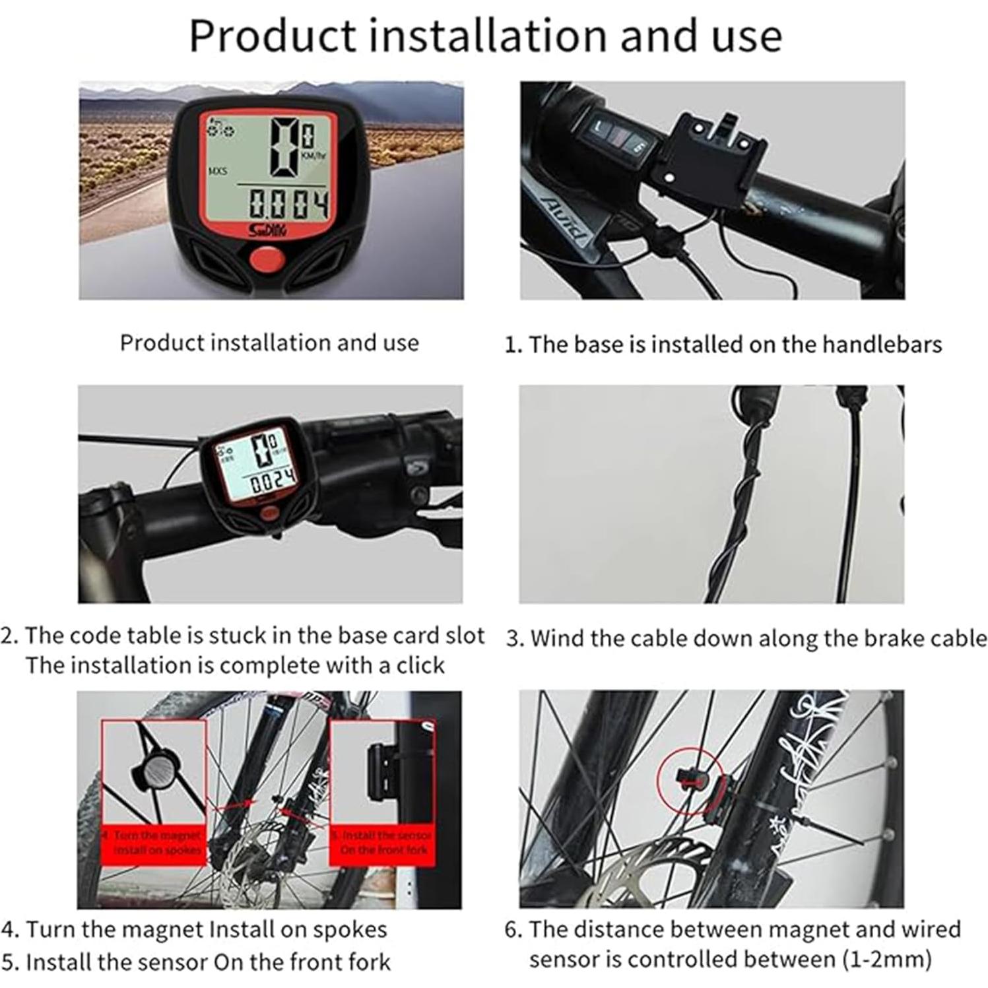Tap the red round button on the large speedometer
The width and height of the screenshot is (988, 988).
pyautogui.click(x=267, y=260)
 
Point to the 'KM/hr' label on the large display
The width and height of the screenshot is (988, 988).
pyautogui.click(x=313, y=156)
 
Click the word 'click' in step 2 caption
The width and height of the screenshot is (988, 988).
pyautogui.click(x=420, y=665)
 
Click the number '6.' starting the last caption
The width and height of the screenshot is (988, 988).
pyautogui.click(x=513, y=929)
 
